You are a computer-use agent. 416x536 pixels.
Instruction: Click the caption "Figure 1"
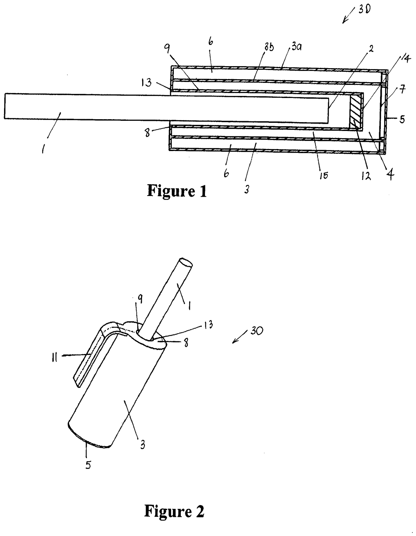[x=177, y=191]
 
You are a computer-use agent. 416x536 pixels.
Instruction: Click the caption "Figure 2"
[x=174, y=511]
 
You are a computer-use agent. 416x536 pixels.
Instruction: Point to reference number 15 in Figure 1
[x=323, y=175]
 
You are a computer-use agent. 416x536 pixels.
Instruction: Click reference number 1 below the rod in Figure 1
[x=43, y=149]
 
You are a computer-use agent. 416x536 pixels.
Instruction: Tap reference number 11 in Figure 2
[x=55, y=358]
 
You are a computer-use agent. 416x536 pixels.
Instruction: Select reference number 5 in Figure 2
[x=88, y=465]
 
